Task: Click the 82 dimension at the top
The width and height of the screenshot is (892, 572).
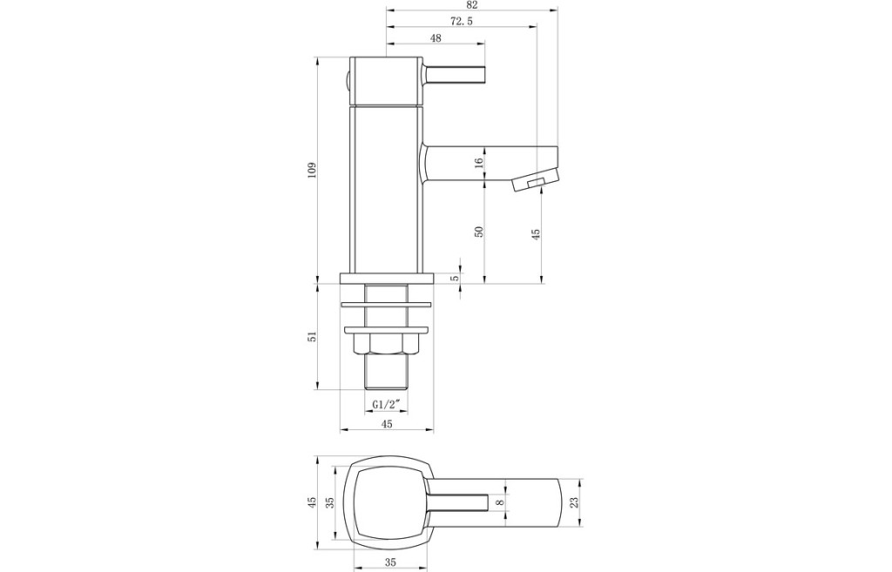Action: click(471, 4)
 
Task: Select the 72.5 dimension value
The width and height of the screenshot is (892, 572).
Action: click(462, 21)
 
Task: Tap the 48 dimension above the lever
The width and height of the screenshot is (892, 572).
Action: click(436, 38)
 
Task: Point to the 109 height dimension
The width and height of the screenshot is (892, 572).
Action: click(311, 170)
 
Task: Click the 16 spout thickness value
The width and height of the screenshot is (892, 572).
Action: click(478, 161)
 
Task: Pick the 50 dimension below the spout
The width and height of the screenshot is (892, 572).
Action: click(478, 232)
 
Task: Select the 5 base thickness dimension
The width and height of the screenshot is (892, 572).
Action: click(453, 278)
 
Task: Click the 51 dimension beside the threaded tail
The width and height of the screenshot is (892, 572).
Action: click(311, 337)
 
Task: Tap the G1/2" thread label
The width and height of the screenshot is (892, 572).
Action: click(387, 404)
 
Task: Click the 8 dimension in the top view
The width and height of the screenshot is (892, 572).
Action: click(499, 502)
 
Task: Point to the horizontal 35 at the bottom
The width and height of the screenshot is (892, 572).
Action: click(389, 563)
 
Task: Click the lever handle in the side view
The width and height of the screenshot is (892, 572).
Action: click(454, 74)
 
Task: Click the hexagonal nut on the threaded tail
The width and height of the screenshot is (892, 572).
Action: click(386, 343)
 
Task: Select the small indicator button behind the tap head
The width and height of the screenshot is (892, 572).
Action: click(346, 82)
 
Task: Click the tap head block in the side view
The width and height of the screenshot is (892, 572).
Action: click(386, 81)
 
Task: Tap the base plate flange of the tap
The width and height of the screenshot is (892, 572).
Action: click(387, 278)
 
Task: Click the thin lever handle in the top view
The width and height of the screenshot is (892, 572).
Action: click(459, 502)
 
